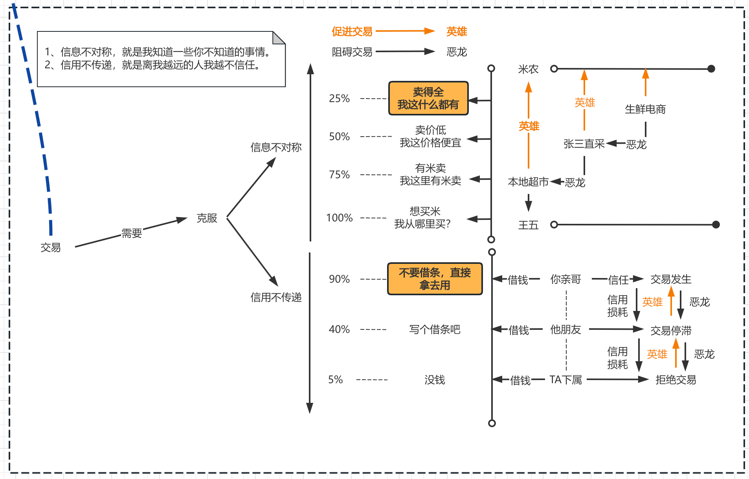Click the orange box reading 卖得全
pyautogui.click(x=428, y=98)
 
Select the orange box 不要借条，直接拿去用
pyautogui.click(x=435, y=279)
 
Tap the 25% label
pyautogui.click(x=339, y=98)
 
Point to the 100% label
pyautogui.click(x=339, y=218)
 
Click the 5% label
pyautogui.click(x=335, y=380)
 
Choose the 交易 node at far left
pyautogui.click(x=51, y=247)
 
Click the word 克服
pyautogui.click(x=207, y=218)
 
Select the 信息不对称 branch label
pyautogui.click(x=276, y=147)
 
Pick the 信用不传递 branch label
pyautogui.click(x=276, y=297)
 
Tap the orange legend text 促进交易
pyautogui.click(x=352, y=31)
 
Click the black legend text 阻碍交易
pyautogui.click(x=352, y=52)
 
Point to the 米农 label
pyautogui.click(x=528, y=69)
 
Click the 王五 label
pyautogui.click(x=528, y=225)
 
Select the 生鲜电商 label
pyautogui.click(x=645, y=109)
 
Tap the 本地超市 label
pyautogui.click(x=528, y=182)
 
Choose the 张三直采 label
pyautogui.click(x=584, y=144)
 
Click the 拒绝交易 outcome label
pyautogui.click(x=676, y=380)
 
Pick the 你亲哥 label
pyautogui.click(x=565, y=279)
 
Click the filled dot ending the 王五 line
pyautogui.click(x=716, y=225)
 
